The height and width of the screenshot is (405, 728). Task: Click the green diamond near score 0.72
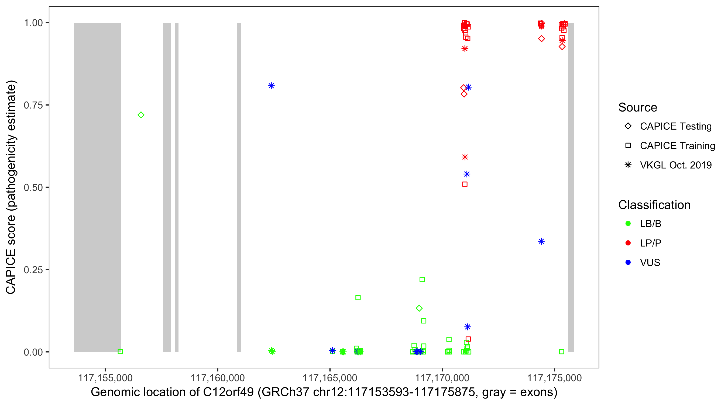[141, 115]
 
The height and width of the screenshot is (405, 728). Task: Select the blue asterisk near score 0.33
[541, 241]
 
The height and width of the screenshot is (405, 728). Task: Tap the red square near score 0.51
[465, 184]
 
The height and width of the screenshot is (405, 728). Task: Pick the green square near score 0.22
[422, 280]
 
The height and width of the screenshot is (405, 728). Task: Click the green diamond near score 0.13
[419, 308]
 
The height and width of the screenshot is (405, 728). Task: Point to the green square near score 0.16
[358, 298]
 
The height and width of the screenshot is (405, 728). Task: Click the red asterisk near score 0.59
[465, 157]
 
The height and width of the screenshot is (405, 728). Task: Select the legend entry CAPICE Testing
[675, 126]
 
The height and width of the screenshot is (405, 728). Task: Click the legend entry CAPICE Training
[677, 146]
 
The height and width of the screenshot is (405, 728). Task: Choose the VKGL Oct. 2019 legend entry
[675, 165]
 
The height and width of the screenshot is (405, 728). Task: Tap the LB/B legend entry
[650, 224]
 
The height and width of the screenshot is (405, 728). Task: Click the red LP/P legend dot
[628, 243]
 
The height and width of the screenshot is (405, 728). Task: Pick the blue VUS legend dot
[628, 262]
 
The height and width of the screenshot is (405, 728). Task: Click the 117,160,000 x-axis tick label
[217, 378]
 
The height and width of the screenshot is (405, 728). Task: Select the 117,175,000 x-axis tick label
[554, 378]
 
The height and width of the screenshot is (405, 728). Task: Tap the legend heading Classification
[654, 205]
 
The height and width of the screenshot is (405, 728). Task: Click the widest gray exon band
[97, 187]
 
